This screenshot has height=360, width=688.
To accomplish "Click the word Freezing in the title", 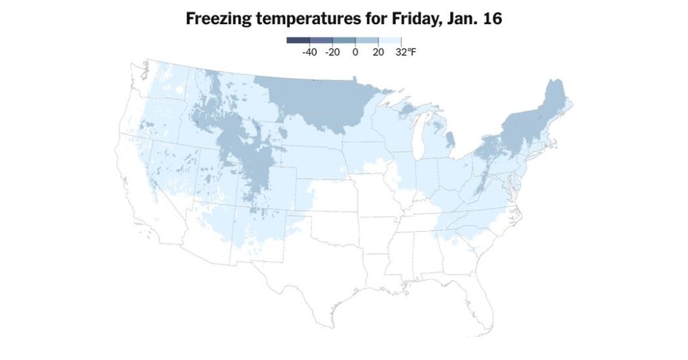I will [218, 19].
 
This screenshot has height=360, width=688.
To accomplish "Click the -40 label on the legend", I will [309, 52].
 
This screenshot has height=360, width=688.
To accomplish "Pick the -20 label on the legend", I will [332, 52].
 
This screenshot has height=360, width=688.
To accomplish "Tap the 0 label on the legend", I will [355, 52].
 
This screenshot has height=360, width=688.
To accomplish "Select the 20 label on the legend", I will [378, 52].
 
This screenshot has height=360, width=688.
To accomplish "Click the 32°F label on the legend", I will [405, 52].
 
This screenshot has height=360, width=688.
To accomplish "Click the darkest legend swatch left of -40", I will [298, 40].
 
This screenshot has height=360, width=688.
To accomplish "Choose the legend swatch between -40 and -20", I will [320, 40].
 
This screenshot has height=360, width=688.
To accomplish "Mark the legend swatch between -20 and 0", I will [343, 40].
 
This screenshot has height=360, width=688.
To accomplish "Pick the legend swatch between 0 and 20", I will [367, 40].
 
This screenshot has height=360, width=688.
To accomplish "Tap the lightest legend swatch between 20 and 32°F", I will [390, 40].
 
